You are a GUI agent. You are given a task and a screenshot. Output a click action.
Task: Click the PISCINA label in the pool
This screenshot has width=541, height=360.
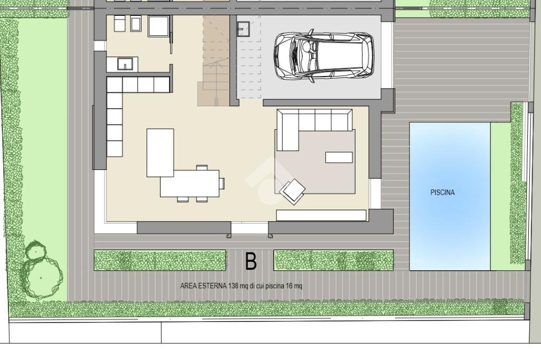[x=442, y=193]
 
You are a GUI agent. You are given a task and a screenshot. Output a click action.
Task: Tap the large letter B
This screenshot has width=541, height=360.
[x=250, y=261]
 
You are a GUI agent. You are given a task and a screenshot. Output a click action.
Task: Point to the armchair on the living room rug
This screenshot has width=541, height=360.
[x=293, y=191]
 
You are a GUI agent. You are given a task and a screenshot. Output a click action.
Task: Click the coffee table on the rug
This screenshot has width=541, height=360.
[x=339, y=157]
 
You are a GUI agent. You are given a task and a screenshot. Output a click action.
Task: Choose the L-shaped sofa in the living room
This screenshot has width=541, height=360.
[x=306, y=124]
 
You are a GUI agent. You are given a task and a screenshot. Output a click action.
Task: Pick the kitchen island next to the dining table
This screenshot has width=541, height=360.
[x=160, y=152]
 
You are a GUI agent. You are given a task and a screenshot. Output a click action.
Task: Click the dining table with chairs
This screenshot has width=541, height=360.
[x=190, y=183]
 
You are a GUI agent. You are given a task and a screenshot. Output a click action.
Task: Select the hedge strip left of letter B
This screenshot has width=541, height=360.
[x=160, y=260]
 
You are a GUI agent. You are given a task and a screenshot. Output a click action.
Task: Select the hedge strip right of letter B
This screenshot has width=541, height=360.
[x=333, y=260]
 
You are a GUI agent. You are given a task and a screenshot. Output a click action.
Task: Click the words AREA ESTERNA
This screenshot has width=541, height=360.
[x=203, y=286]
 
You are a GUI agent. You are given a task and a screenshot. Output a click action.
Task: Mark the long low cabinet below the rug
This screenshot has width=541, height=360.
[x=321, y=215]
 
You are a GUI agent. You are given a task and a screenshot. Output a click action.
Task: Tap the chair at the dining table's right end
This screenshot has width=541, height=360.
[x=222, y=183]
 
